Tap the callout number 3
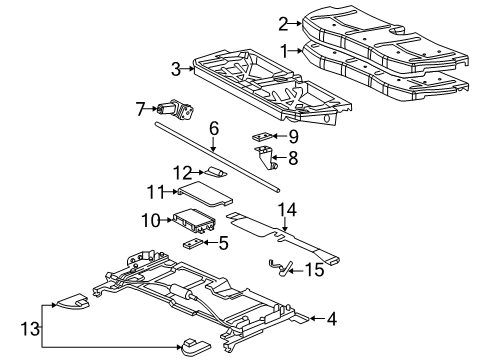click(x=175, y=69)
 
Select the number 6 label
click(x=213, y=128)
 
